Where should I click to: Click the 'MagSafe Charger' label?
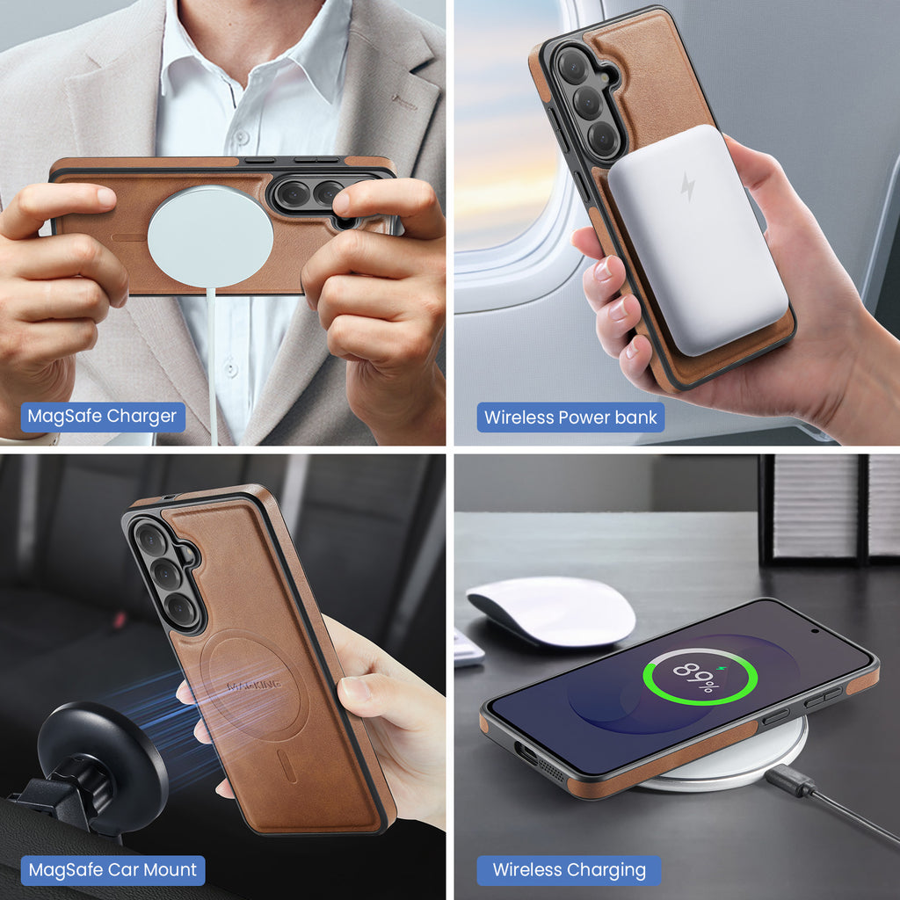pos(103,417)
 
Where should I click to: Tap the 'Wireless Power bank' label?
pos(570,417)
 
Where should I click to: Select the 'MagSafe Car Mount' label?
pos(112,870)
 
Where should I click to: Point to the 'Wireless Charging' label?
pos(569,870)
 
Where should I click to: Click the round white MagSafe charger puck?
pos(210,236)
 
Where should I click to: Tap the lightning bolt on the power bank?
pos(687,186)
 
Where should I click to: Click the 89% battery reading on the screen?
pos(697,678)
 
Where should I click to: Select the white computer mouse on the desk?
pos(552,612)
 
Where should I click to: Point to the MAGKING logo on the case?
pos(254,685)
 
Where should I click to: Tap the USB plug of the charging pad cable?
pos(789,780)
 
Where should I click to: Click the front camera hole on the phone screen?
pos(815,631)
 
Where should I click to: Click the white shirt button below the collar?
pos(242,136)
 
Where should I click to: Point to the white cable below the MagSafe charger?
pos(213,367)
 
